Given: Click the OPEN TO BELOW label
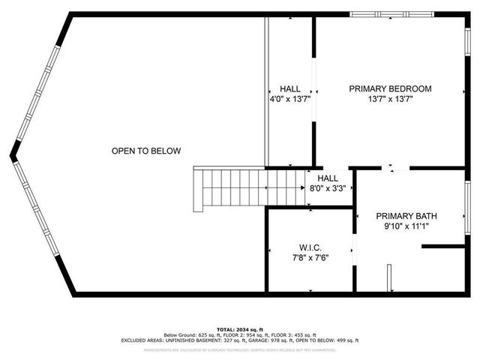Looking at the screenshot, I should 146,151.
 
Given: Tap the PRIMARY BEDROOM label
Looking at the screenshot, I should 390,88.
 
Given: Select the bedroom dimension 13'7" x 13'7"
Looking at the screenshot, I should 390,99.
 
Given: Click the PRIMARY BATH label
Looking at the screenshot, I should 406,216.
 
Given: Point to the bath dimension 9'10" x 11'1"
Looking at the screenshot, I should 406,226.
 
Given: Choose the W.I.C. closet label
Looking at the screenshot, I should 309,247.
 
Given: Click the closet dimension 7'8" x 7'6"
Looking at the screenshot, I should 309,257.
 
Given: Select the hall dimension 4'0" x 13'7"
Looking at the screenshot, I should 289,99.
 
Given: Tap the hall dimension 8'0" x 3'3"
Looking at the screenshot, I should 328,189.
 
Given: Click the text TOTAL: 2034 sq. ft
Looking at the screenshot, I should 240,329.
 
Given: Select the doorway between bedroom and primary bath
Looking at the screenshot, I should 395,169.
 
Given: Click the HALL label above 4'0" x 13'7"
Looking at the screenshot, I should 289,88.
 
